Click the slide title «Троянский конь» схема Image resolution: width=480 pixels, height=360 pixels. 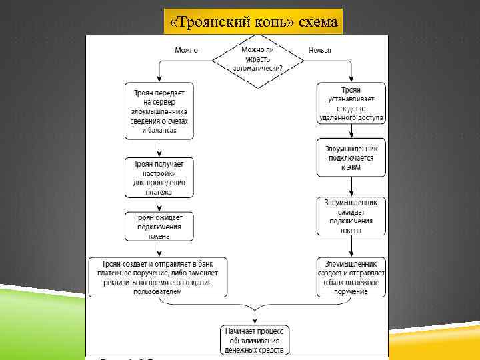pyautogui.click(x=253, y=22)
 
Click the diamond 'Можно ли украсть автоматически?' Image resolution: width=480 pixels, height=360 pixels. pyautogui.click(x=258, y=60)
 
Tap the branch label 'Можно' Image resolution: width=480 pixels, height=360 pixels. pyautogui.click(x=186, y=50)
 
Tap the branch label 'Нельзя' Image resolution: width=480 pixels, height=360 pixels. pyautogui.click(x=320, y=50)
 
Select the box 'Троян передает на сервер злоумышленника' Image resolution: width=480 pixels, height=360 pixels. pyautogui.click(x=159, y=110)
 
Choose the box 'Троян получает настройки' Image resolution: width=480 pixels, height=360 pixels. pyautogui.click(x=159, y=177)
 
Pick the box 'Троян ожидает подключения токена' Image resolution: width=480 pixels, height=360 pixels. pyautogui.click(x=159, y=226)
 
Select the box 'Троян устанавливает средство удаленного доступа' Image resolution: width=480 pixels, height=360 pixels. pyautogui.click(x=351, y=103)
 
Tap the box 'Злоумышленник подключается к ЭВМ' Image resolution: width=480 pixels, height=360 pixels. pyautogui.click(x=351, y=158)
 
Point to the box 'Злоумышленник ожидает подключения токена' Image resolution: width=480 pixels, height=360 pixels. pyautogui.click(x=351, y=216)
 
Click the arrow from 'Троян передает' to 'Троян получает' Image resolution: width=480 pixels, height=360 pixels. pyautogui.click(x=159, y=148)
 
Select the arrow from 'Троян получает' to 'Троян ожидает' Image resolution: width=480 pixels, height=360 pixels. pyautogui.click(x=159, y=205)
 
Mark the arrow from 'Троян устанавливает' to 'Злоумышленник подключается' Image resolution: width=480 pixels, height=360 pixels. pyautogui.click(x=351, y=132)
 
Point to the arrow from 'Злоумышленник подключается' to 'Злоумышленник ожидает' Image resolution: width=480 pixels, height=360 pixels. pyautogui.click(x=351, y=187)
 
